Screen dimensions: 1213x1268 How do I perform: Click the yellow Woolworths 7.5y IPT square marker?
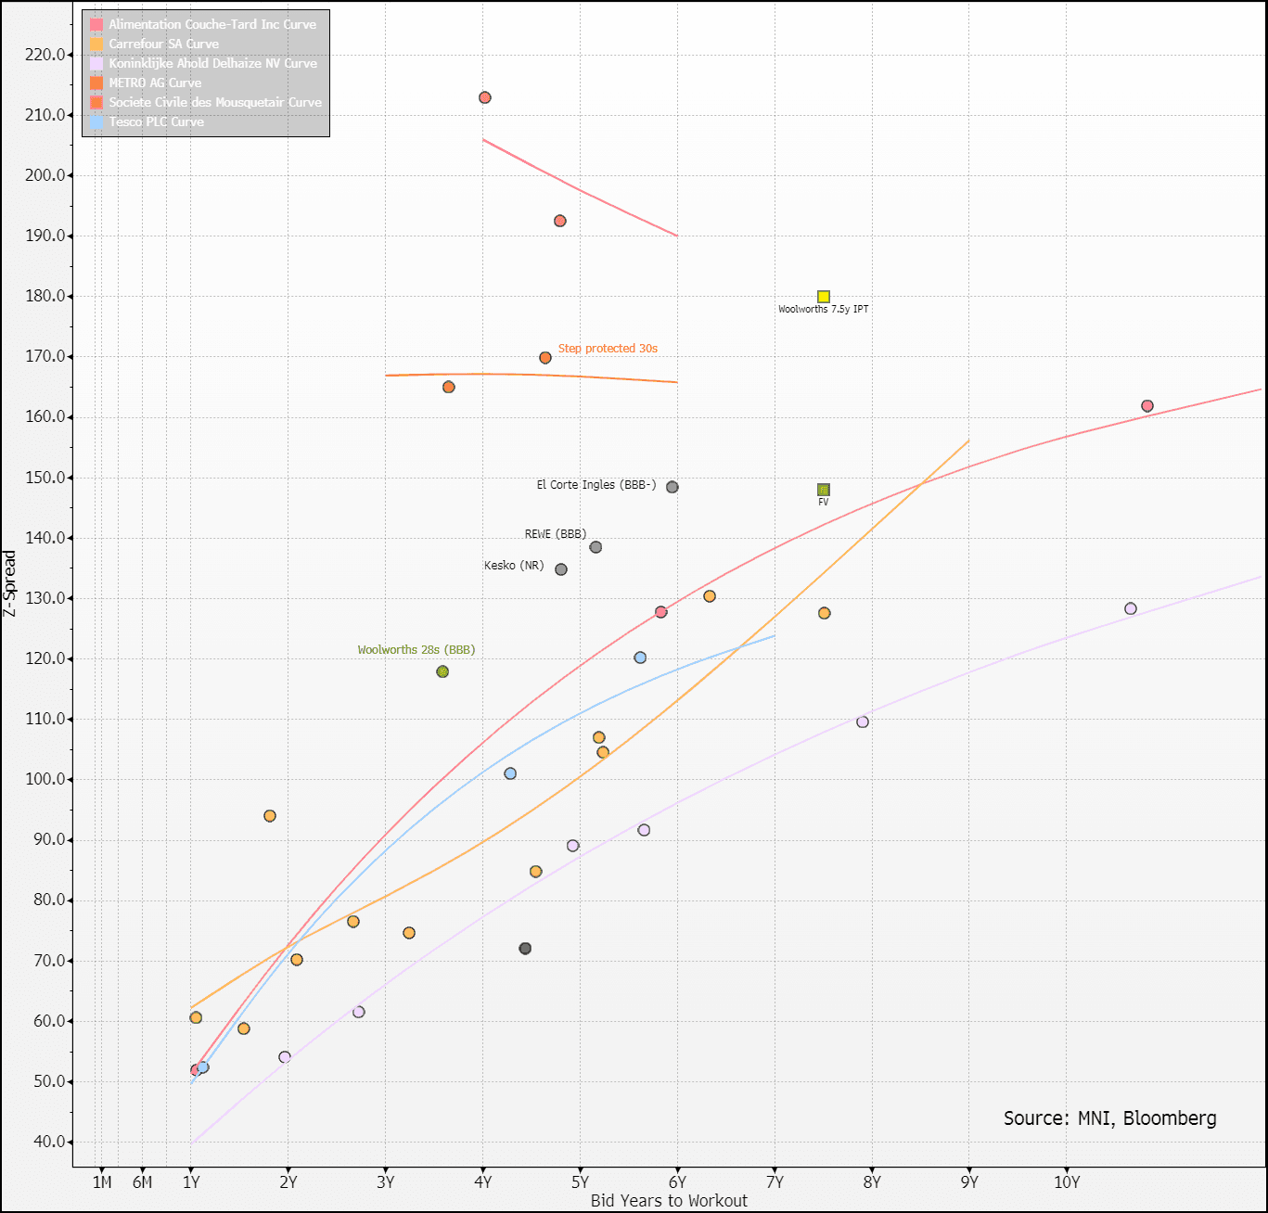[x=824, y=297]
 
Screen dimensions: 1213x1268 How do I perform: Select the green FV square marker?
[x=824, y=490]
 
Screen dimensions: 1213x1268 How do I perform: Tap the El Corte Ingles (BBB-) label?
[x=596, y=485]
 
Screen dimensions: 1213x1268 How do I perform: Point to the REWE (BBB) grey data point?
[x=596, y=547]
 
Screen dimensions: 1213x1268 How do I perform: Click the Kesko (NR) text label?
[x=514, y=566]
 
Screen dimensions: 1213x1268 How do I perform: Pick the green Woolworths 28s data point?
[x=442, y=671]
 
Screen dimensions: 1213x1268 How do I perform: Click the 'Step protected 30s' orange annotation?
[x=608, y=349]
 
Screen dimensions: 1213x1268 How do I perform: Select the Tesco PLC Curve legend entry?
[x=156, y=121]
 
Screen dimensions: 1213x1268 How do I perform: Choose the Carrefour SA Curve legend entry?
[x=163, y=44]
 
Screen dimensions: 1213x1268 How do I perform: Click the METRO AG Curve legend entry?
[x=155, y=83]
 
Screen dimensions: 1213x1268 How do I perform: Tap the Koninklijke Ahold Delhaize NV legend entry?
[x=212, y=63]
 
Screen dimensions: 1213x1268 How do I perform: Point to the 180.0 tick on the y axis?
[x=47, y=297]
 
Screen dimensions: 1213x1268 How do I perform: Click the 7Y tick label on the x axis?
[x=775, y=1182]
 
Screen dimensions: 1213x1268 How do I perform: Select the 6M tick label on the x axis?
[x=142, y=1182]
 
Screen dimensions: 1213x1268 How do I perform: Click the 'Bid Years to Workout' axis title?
[x=669, y=1201]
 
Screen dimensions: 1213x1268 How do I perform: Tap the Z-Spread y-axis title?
[x=10, y=583]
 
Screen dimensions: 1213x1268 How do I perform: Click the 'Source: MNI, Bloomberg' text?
[x=1109, y=1118]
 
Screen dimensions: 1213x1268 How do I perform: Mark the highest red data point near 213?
[x=484, y=98]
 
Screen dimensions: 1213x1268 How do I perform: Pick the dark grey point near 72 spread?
[x=525, y=949]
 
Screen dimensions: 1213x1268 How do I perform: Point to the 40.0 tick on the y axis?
[x=47, y=1142]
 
